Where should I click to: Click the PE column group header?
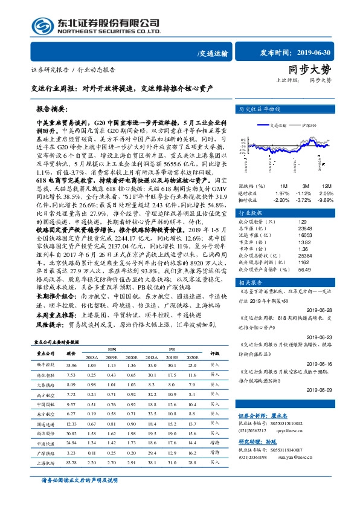pyautogui.click(x=172, y=349)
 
